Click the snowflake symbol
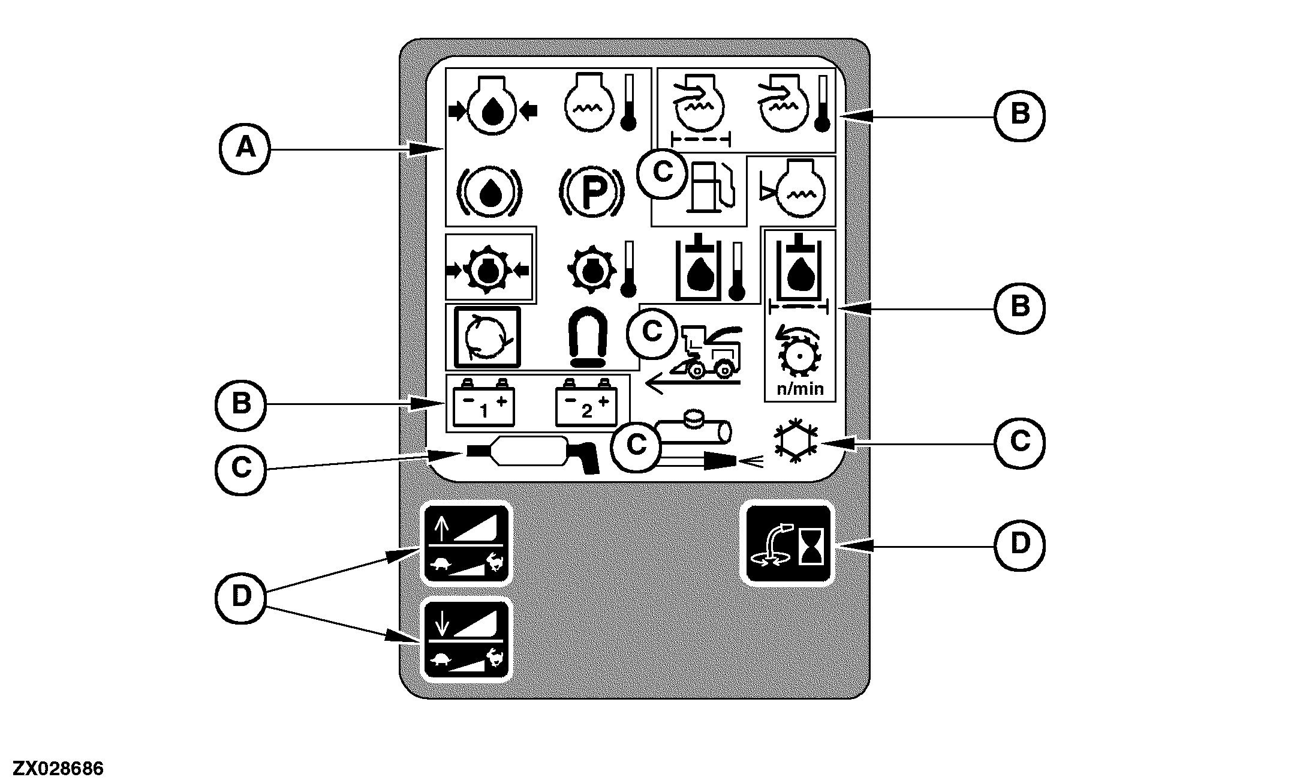[796, 443]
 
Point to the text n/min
[800, 389]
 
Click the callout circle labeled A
[244, 148]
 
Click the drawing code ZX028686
[59, 769]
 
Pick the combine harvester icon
[708, 354]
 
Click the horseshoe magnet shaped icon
[588, 337]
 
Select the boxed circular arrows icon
[487, 337]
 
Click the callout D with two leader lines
[240, 596]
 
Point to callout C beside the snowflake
[1019, 443]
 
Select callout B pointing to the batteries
[240, 404]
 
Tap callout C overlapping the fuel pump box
[662, 173]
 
